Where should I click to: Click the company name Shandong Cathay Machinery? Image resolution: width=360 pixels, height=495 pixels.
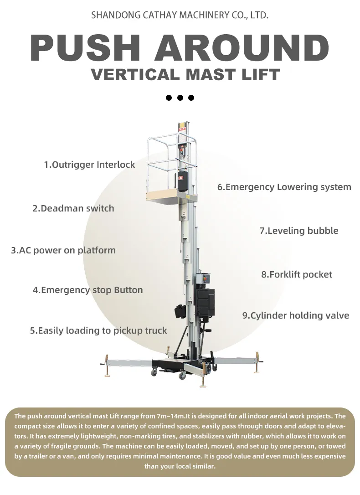click(x=180, y=15)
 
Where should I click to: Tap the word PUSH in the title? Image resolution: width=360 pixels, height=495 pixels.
click(x=87, y=47)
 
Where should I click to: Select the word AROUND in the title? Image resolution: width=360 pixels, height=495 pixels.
click(x=242, y=47)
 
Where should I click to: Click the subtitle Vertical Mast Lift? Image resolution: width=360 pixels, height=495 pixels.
click(x=185, y=74)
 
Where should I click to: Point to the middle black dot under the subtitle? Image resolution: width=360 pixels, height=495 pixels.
click(x=180, y=98)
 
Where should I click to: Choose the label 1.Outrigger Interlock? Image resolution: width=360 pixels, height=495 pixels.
click(x=89, y=165)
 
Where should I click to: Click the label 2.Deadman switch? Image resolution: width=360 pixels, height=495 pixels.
click(x=73, y=208)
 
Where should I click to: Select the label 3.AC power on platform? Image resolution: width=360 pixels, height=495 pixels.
click(x=63, y=250)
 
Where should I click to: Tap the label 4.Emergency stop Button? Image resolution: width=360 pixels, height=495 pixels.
click(x=87, y=290)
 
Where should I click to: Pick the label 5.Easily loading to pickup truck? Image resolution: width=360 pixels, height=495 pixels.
click(x=98, y=330)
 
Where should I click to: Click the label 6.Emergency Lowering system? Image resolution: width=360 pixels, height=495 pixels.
click(x=284, y=187)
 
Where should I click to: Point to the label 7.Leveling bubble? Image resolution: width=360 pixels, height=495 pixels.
click(x=299, y=231)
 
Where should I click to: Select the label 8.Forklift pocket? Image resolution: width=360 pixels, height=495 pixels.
click(x=297, y=274)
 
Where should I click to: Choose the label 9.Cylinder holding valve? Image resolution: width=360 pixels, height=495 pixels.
click(x=296, y=315)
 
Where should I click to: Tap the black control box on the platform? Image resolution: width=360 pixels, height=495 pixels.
click(x=183, y=181)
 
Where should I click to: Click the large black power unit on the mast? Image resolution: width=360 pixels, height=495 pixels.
click(x=205, y=303)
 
